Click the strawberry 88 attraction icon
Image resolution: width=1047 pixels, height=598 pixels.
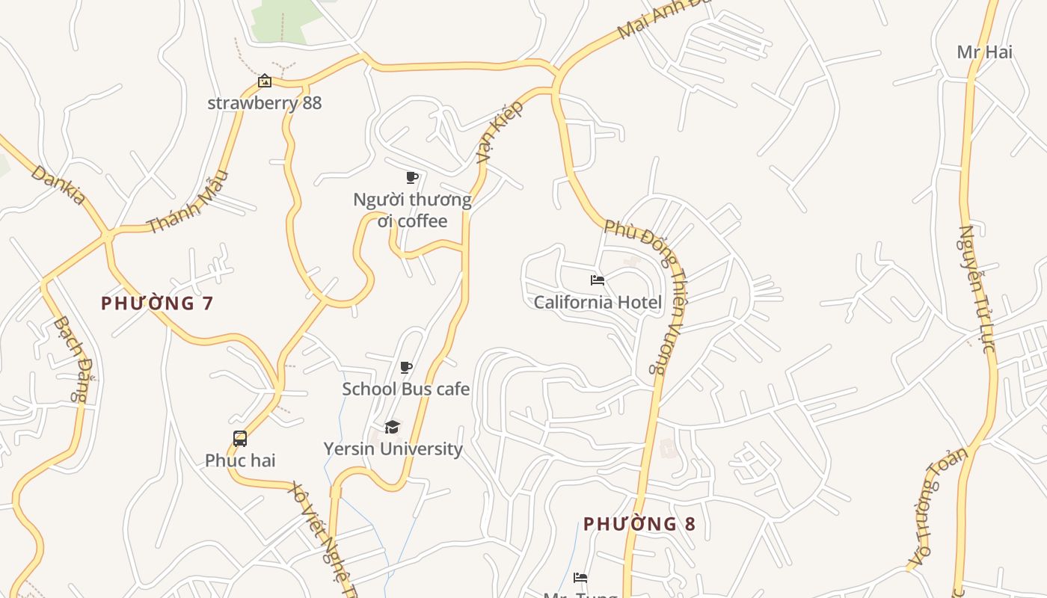pyautogui.click(x=264, y=81)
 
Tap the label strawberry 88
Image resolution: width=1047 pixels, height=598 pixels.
pyautogui.click(x=264, y=102)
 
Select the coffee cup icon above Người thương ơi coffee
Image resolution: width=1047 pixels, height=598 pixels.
pyautogui.click(x=411, y=177)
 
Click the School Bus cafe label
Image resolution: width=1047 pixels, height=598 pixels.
pyautogui.click(x=405, y=389)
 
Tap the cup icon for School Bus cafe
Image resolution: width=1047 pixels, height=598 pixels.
pyautogui.click(x=405, y=367)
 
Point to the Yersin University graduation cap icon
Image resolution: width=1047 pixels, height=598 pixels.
pyautogui.click(x=392, y=427)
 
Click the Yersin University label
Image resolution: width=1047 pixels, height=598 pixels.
pyautogui.click(x=393, y=449)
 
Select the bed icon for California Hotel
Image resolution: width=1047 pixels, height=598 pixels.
pyautogui.click(x=597, y=280)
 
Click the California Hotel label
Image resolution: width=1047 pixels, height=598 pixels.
pyautogui.click(x=597, y=302)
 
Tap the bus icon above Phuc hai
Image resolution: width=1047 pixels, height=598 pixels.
pyautogui.click(x=240, y=439)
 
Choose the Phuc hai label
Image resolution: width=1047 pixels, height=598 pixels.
pyautogui.click(x=240, y=460)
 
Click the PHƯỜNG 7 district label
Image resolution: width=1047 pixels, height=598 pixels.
pyautogui.click(x=157, y=303)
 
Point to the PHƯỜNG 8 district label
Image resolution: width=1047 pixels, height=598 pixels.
pyautogui.click(x=639, y=524)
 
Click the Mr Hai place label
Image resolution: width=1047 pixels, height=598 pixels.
pyautogui.click(x=984, y=52)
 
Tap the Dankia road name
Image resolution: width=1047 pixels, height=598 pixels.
pyautogui.click(x=58, y=185)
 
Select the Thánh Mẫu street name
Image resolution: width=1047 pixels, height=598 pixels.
pyautogui.click(x=187, y=202)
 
